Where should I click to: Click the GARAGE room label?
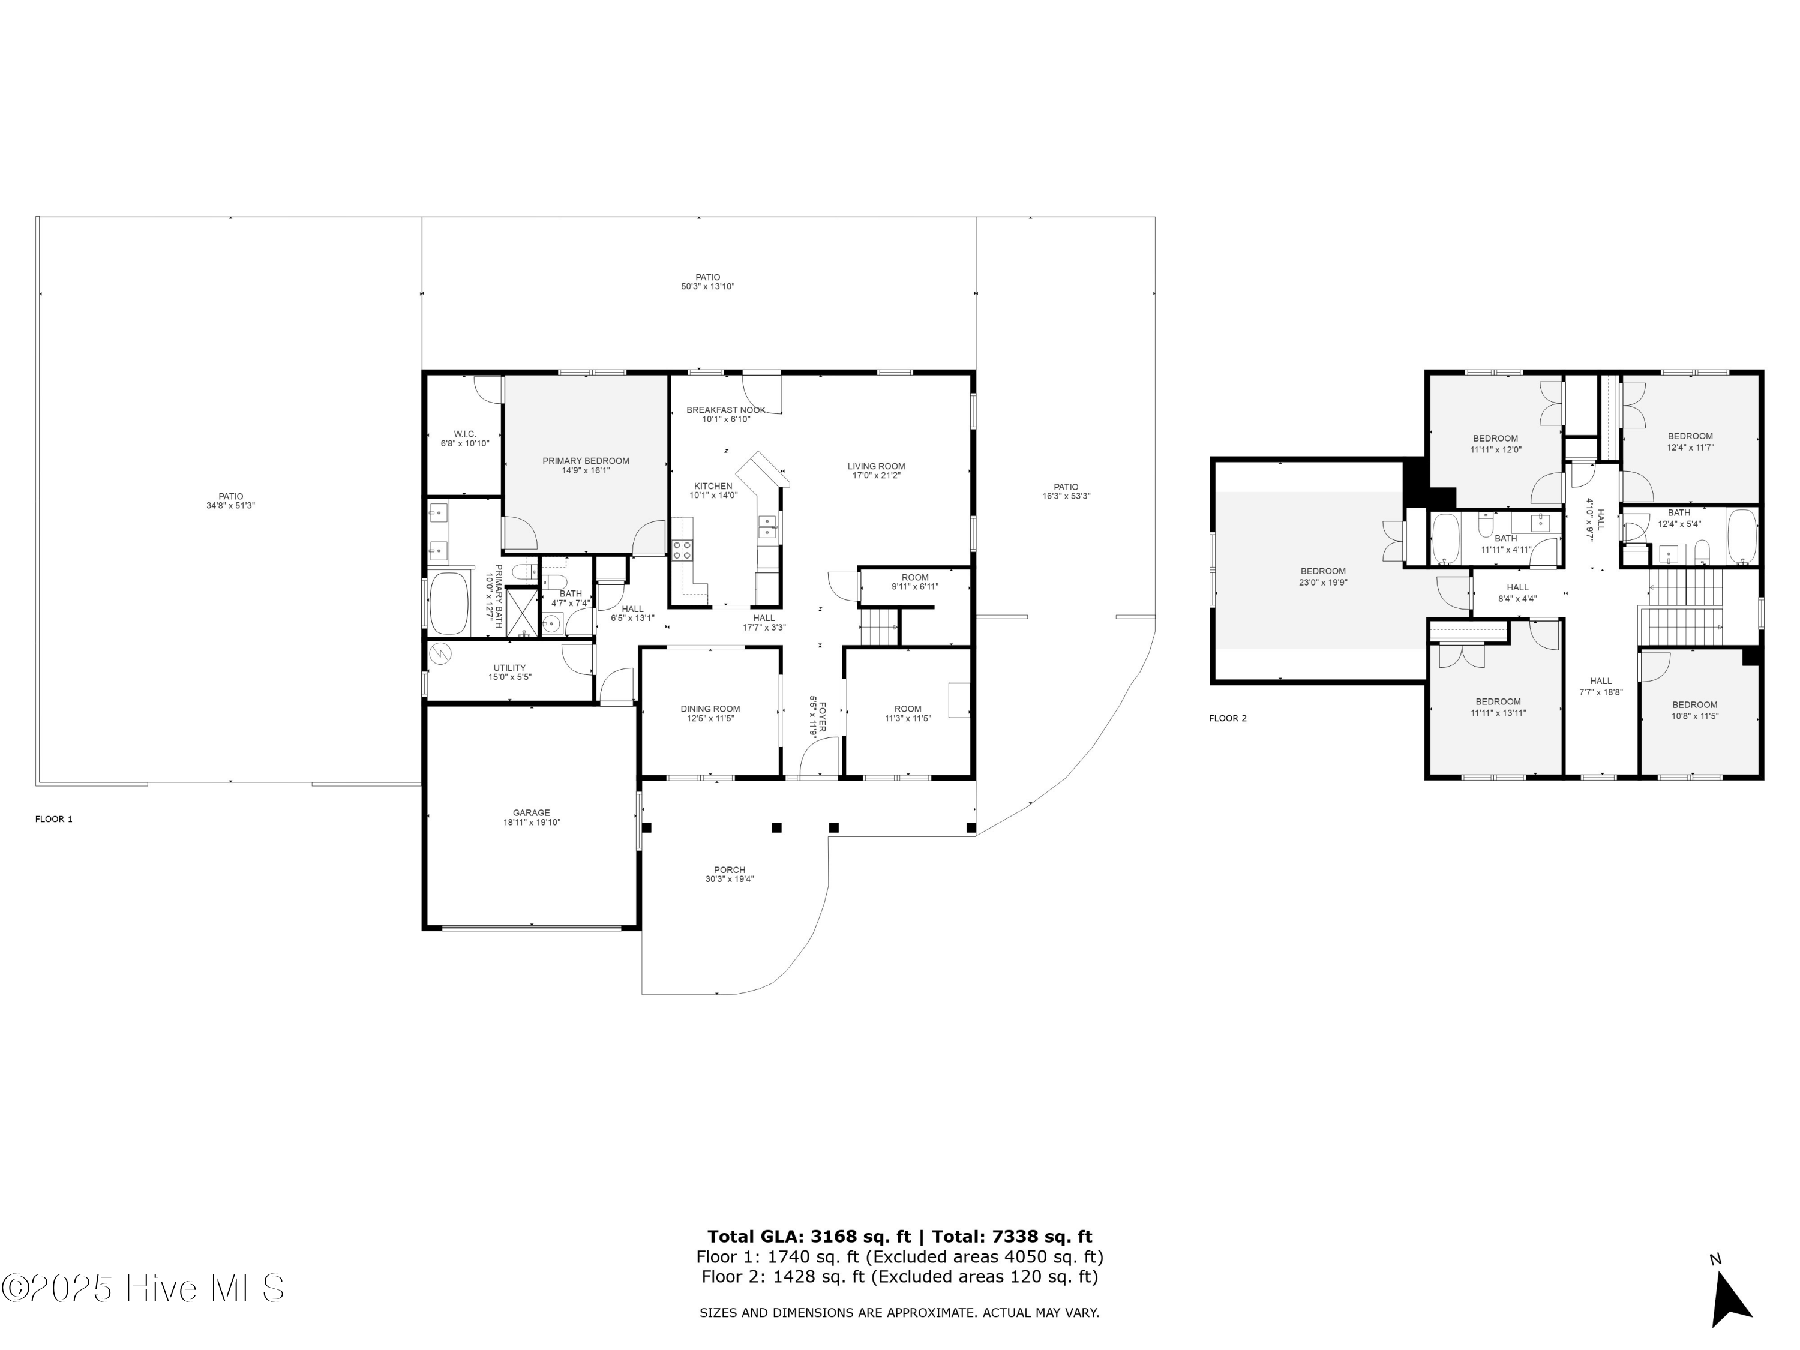(532, 813)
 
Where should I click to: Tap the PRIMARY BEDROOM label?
(586, 461)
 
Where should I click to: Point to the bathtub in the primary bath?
(449, 604)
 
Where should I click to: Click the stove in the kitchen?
(682, 550)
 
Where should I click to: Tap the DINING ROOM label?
(710, 709)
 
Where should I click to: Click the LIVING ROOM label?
(877, 466)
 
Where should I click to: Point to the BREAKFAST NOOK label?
(726, 410)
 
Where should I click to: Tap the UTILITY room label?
(509, 668)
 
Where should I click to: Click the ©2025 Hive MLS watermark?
(143, 1289)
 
